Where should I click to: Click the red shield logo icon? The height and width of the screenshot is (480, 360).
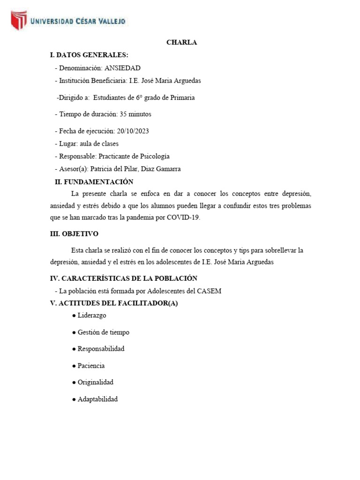point(19,21)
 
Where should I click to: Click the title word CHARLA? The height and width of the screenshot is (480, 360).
point(182,42)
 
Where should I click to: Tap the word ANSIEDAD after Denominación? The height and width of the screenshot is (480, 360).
point(122,68)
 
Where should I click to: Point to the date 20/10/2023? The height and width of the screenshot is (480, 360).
point(133,131)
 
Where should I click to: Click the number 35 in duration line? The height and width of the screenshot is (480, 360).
point(123,114)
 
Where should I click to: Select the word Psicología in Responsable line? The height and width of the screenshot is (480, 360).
point(153,156)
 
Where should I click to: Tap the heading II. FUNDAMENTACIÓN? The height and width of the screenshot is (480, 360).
point(94,182)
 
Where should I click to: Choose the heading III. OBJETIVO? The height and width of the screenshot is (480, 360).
point(74,234)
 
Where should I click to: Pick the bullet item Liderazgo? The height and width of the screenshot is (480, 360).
point(92,315)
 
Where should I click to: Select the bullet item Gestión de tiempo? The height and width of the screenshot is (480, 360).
point(103,332)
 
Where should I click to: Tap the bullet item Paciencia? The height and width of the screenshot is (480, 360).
point(91,366)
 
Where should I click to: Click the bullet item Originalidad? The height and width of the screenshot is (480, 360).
point(96,382)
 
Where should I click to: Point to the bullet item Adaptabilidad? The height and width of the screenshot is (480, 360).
point(97,399)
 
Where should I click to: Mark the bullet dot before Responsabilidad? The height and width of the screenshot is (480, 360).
point(74,349)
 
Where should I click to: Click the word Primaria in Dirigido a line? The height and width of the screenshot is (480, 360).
point(181,98)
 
